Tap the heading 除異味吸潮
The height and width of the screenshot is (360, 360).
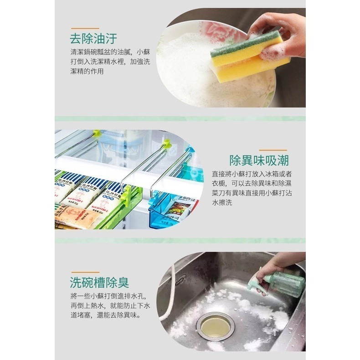[x=259, y=160]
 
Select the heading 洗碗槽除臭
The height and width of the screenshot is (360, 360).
[x=99, y=282]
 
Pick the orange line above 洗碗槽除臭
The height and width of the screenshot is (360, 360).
[x=84, y=272]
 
